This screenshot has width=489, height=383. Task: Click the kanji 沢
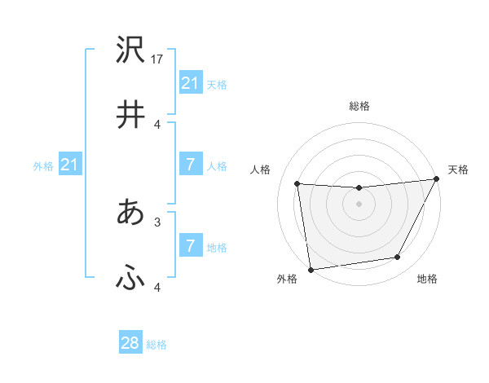130,51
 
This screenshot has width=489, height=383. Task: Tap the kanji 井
130,114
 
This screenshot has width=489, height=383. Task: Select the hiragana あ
130,212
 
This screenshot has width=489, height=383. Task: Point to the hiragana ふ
130,279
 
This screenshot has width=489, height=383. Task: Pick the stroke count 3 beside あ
157,221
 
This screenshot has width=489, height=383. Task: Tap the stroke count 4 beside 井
157,124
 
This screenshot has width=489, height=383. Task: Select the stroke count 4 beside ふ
157,287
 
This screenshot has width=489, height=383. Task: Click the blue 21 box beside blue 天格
190,83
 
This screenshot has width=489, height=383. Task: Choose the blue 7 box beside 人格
190,165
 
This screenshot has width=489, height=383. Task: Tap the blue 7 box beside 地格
190,246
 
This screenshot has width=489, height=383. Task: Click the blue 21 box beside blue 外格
69,165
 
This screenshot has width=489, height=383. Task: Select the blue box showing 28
130,343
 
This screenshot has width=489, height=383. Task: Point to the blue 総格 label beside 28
157,345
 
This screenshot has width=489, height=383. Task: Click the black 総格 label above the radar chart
359,107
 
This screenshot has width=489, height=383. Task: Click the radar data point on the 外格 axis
311,269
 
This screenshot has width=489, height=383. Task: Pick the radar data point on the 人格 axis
297,184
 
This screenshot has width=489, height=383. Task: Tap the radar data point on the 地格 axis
398,258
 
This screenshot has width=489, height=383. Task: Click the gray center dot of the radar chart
359,204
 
